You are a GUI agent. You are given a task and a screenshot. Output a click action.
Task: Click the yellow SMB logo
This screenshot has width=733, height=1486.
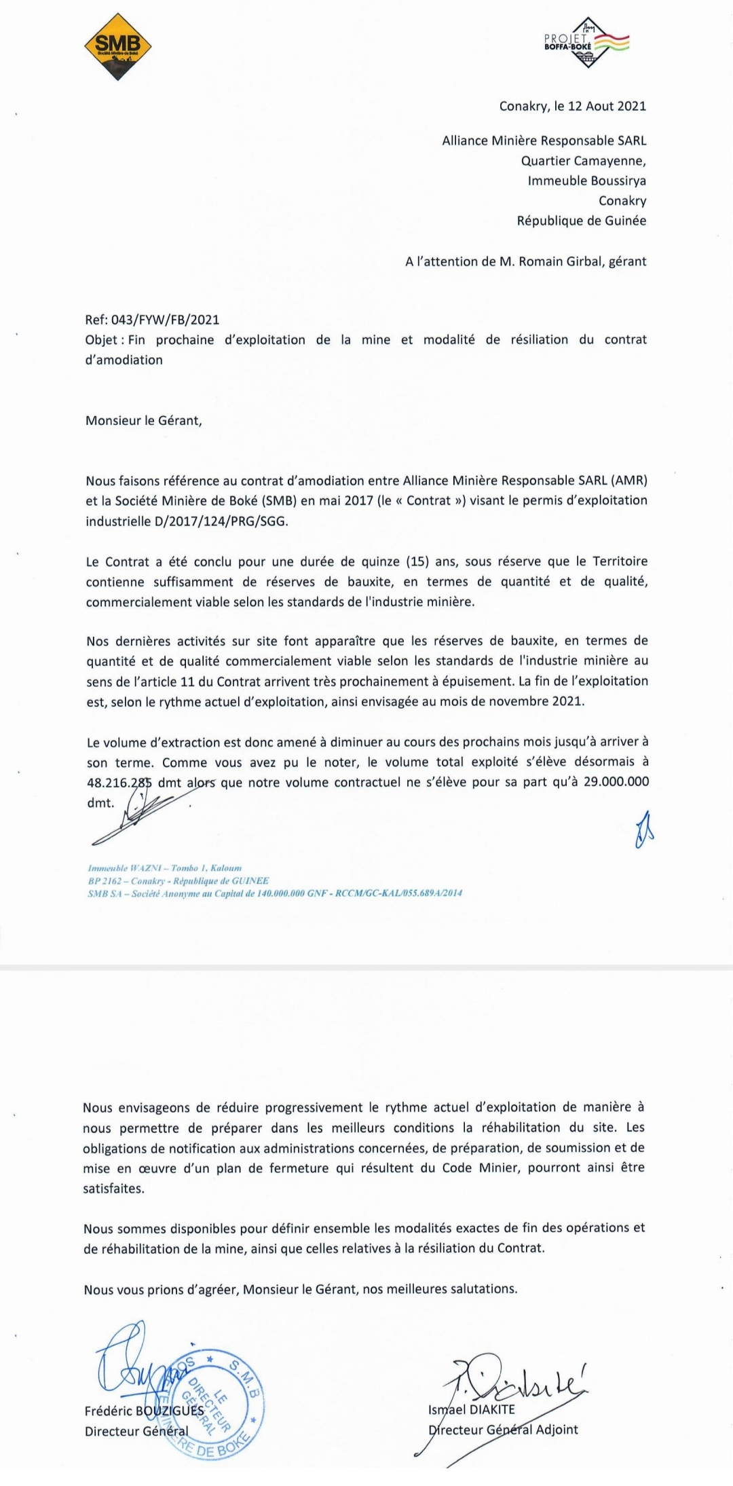point(117,47)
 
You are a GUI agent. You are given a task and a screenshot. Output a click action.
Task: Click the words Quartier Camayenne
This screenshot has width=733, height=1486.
point(583,161)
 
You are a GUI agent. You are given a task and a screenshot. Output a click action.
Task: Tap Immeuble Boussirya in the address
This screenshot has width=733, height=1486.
point(587,181)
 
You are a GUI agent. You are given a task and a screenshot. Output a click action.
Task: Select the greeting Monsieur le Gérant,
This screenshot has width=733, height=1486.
point(143,420)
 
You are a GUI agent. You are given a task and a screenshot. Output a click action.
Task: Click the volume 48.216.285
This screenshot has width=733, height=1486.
point(119,783)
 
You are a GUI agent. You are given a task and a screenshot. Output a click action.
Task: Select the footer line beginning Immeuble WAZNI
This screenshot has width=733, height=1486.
point(165,868)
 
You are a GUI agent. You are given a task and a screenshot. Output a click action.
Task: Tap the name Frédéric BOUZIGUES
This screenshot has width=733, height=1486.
point(144,1411)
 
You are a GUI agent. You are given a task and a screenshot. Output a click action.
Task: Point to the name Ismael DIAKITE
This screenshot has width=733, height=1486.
point(472,1409)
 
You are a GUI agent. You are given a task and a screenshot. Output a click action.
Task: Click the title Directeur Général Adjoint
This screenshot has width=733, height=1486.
point(503,1430)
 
